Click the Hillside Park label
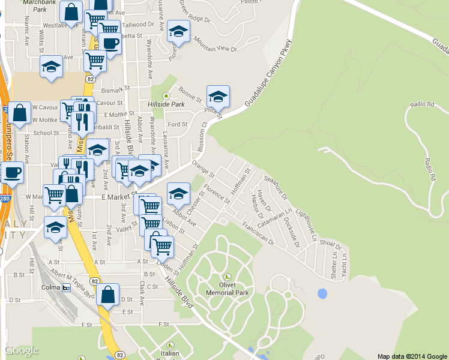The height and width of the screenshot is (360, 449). (x=166, y=104)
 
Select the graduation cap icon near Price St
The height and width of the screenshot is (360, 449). (x=218, y=96)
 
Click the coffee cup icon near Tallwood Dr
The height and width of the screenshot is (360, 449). (x=110, y=43)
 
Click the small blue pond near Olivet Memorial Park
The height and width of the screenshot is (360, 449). (x=322, y=294)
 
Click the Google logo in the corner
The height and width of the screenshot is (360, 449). (x=22, y=350)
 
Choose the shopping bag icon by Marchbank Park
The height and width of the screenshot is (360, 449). (x=71, y=13)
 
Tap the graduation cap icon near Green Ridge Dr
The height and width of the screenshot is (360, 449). (x=178, y=32)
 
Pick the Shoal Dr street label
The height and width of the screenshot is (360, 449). (x=330, y=244)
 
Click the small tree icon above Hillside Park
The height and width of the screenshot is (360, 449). (x=166, y=95)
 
